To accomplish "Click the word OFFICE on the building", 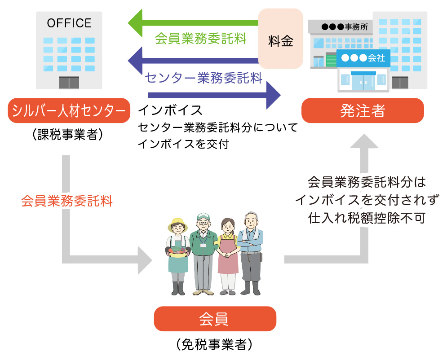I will pos(69,23).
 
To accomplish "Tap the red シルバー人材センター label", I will pos(69,110).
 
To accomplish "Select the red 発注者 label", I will pos(362,110).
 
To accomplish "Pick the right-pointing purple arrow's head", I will pos(272,95).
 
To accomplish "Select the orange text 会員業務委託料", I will pos(67,201).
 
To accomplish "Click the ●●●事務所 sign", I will pos(344,26).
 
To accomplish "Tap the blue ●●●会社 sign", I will pos(363,58).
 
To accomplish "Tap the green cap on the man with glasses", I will pos(203,215).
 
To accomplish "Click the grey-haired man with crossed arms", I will pos(251,251).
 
